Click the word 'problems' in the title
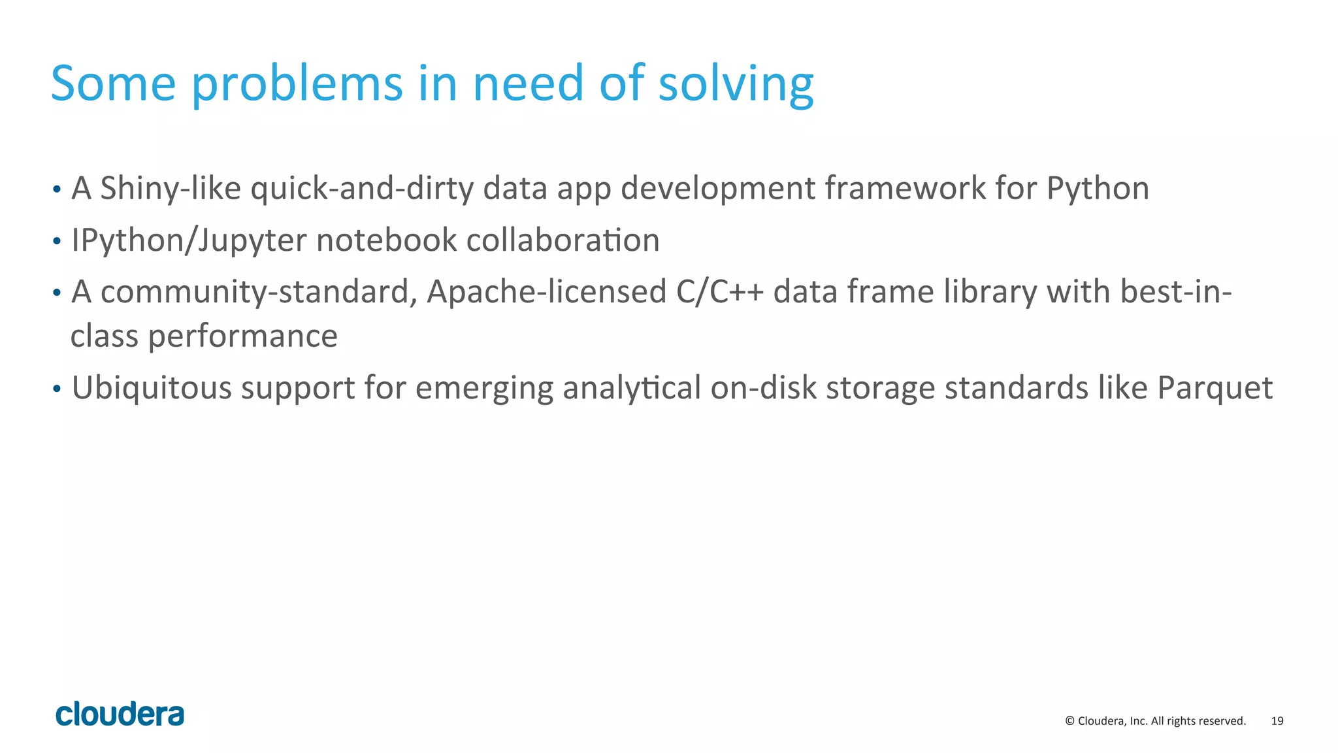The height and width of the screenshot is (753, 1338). pyautogui.click(x=297, y=85)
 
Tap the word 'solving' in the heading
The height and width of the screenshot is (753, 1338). pyautogui.click(x=736, y=85)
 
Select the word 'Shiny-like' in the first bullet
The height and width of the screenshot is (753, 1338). pyautogui.click(x=171, y=188)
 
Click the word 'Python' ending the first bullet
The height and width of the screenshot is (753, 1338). pyautogui.click(x=1098, y=189)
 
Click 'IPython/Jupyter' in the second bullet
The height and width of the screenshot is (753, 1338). pyautogui.click(x=189, y=240)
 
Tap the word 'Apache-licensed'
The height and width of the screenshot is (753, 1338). pyautogui.click(x=546, y=292)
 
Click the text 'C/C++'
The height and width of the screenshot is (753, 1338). pyautogui.click(x=719, y=291)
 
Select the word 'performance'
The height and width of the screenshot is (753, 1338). pyautogui.click(x=242, y=336)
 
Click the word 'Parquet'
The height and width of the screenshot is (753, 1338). pyautogui.click(x=1215, y=388)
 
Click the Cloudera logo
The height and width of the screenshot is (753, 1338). pyautogui.click(x=120, y=714)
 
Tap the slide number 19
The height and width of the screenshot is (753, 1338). pyautogui.click(x=1277, y=721)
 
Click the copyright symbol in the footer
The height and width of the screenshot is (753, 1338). pyautogui.click(x=1069, y=721)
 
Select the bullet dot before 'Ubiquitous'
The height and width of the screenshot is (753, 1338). pyautogui.click(x=57, y=389)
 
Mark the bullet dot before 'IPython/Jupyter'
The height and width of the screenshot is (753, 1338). pyautogui.click(x=57, y=242)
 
